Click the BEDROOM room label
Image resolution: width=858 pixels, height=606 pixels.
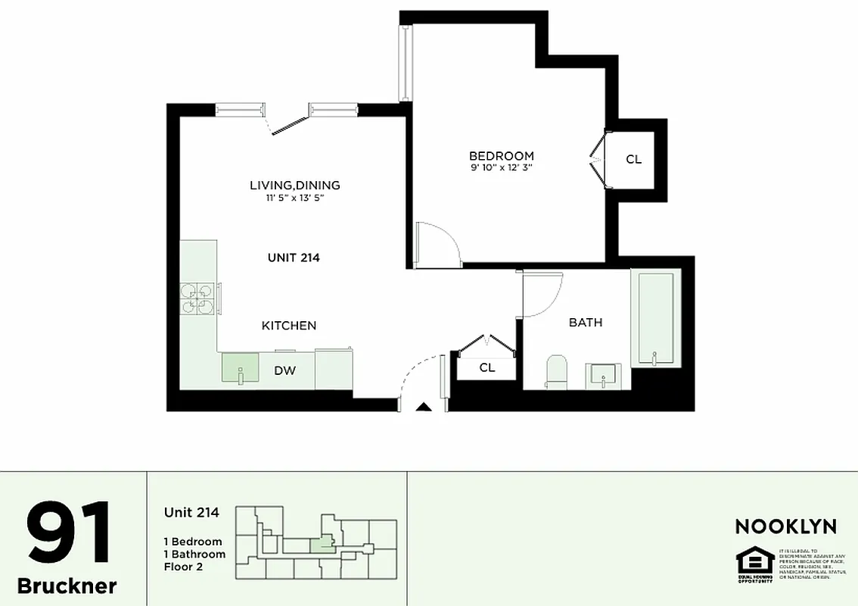coord(502,156)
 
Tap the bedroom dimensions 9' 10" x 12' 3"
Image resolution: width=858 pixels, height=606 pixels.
coord(502,169)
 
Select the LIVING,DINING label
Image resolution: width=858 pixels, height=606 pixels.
coord(295,185)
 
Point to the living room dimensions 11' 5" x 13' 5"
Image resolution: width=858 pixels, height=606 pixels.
coord(295,198)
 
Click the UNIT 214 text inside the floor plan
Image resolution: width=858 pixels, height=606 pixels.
coord(294,258)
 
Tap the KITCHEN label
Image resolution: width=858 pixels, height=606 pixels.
coord(289,326)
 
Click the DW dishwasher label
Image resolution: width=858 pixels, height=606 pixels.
coord(284,371)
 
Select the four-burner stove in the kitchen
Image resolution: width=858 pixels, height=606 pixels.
coord(197,297)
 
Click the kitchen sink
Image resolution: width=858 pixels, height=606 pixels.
coord(240,369)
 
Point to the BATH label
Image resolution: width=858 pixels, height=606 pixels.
coord(586,323)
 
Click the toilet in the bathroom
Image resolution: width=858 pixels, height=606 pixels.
coord(557,372)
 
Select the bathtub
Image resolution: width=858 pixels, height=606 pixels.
coord(656,318)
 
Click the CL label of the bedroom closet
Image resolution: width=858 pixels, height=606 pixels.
coord(634,160)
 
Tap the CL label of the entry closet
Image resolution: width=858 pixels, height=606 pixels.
coord(487,367)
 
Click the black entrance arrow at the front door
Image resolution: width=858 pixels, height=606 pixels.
coord(424,407)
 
